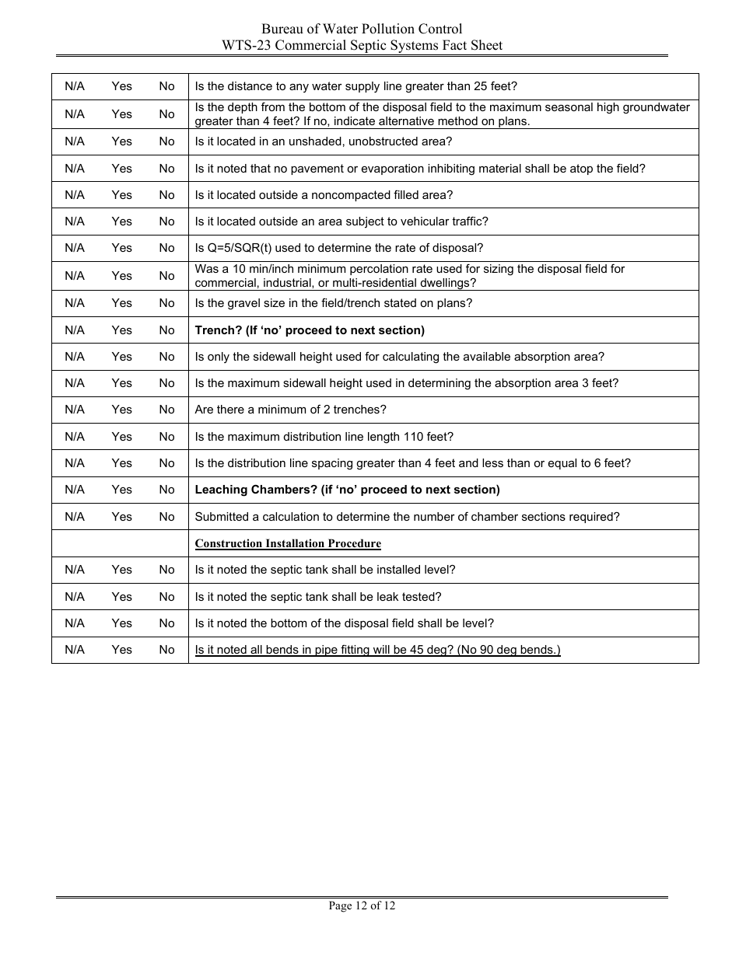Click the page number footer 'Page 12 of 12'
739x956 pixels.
[x=362, y=905]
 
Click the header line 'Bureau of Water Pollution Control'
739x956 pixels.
[x=362, y=30]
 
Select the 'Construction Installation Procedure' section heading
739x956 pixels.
[x=288, y=543]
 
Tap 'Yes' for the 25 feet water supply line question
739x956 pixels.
[x=121, y=86]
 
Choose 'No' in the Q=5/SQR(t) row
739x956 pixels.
[x=166, y=248]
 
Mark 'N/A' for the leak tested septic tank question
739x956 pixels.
[x=75, y=597]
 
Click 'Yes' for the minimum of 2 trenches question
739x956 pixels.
[x=121, y=410]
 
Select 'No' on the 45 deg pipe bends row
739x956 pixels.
[x=166, y=650]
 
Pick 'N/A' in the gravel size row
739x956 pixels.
[x=75, y=303]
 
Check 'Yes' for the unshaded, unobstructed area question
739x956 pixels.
[x=121, y=141]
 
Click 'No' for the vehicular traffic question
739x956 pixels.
[x=166, y=222]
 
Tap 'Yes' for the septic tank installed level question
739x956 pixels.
[x=121, y=570]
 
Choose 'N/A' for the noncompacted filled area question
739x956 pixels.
[x=75, y=195]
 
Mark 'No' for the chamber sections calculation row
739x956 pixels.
[x=166, y=517]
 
